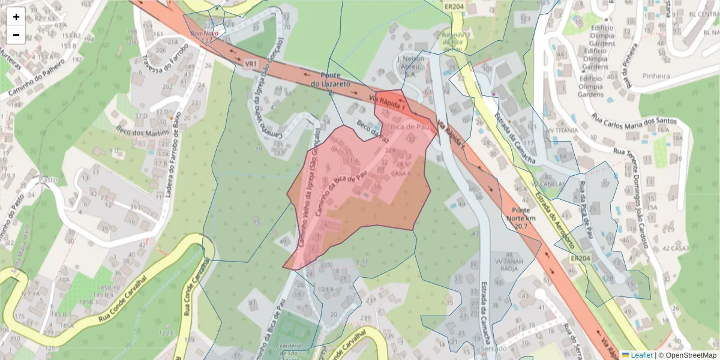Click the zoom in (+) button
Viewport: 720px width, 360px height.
click(16, 17)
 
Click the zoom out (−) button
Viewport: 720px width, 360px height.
click(16, 35)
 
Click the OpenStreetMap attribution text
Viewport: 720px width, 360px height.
click(687, 355)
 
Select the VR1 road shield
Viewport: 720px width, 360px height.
click(251, 63)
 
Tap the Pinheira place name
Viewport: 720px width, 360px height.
click(655, 76)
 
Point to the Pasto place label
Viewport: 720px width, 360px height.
click(48, 179)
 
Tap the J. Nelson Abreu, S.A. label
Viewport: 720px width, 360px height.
click(410, 67)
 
